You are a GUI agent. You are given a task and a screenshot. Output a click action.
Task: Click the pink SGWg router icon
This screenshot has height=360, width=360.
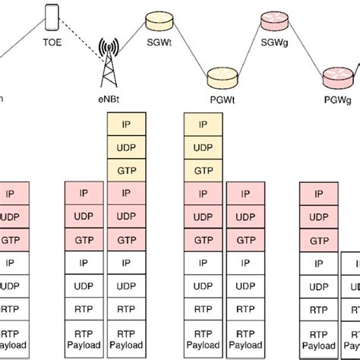click(x=270, y=21)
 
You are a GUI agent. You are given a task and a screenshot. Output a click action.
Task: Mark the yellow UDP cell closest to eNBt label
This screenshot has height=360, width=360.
click(x=128, y=145)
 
